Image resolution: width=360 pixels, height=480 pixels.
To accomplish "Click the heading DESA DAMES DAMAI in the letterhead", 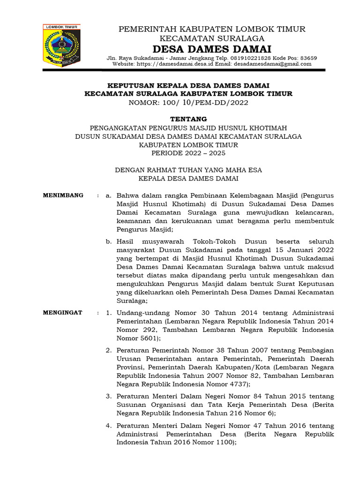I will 212,49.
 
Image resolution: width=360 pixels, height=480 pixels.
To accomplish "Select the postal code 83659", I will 307,58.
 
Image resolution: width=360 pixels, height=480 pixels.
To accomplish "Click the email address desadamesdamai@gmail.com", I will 272,64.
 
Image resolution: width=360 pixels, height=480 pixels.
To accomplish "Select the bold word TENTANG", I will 188,119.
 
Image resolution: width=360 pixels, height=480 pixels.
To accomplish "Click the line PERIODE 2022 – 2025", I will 188,153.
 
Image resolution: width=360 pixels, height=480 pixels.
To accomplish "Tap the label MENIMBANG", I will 63,195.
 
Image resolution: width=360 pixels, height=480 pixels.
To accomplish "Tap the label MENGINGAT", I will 63,312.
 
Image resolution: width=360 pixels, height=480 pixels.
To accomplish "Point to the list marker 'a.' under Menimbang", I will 108,195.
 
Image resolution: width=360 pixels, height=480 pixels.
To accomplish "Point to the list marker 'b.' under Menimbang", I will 108,241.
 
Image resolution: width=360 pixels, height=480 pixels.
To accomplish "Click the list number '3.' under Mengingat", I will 108,397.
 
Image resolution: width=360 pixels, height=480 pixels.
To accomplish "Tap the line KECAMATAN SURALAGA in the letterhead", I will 212,38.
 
